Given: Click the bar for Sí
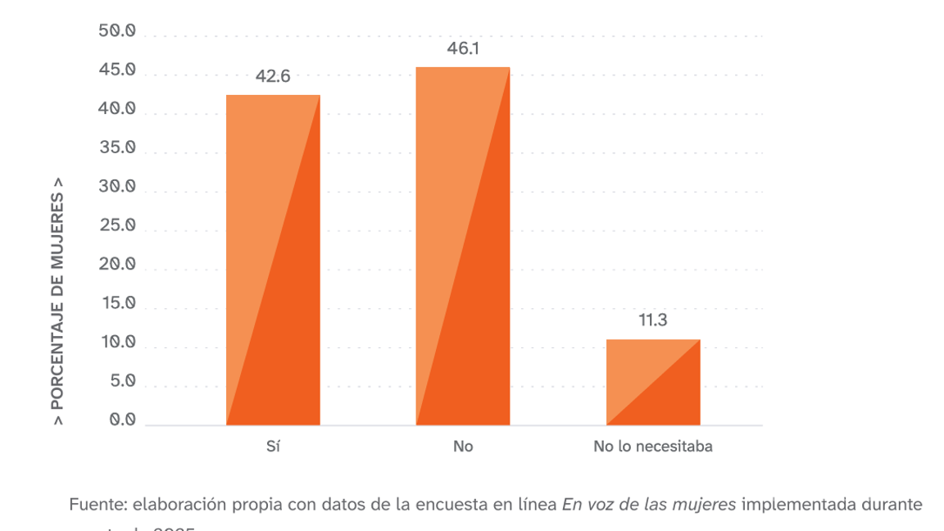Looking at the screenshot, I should (273, 260).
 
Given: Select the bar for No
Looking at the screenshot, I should (463, 246).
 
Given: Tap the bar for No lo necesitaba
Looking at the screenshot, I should (653, 382).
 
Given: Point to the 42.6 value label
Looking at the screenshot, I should (273, 77).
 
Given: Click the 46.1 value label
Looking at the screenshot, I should (463, 49).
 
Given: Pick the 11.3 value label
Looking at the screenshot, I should (653, 320).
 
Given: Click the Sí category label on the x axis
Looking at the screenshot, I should (273, 447).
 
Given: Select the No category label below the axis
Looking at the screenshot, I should (463, 447).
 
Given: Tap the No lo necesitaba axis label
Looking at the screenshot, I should (653, 447).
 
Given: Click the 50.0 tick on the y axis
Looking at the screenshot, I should (118, 31).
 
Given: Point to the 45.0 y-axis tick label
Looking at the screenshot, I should (118, 70).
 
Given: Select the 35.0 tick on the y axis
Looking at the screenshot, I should (118, 148).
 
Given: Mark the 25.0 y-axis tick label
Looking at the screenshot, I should (118, 226).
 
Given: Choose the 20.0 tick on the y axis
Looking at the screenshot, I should (118, 265).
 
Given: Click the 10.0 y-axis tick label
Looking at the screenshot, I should (118, 343).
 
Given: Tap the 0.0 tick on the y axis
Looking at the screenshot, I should (121, 420).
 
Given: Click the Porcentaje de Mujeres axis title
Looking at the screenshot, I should (58, 302).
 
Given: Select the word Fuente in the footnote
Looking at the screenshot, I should (98, 504).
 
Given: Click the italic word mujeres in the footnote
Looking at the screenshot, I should (707, 504).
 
